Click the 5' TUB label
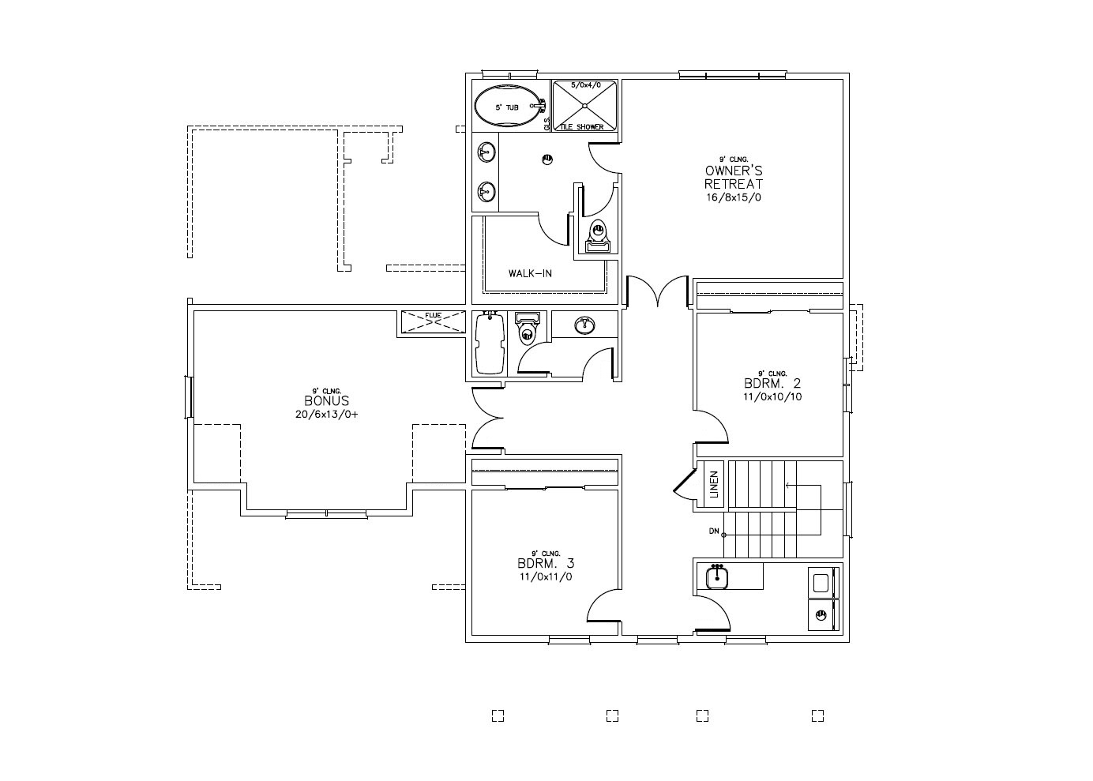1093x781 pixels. click(x=506, y=107)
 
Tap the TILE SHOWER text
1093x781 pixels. click(x=581, y=127)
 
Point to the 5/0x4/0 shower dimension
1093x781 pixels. click(x=585, y=84)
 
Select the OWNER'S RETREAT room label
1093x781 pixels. click(x=734, y=177)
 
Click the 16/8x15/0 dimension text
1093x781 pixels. click(x=734, y=197)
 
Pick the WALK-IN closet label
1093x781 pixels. click(x=530, y=274)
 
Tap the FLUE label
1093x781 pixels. click(x=434, y=316)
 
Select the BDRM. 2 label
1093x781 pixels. click(x=772, y=384)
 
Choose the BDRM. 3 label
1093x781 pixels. click(x=545, y=564)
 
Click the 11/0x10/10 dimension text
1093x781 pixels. click(x=772, y=397)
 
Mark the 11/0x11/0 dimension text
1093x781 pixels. click(x=545, y=576)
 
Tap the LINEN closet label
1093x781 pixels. click(x=714, y=484)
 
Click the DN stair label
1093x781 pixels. click(x=714, y=531)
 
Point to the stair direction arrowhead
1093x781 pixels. click(x=787, y=484)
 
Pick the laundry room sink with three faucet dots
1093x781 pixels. click(x=717, y=576)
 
